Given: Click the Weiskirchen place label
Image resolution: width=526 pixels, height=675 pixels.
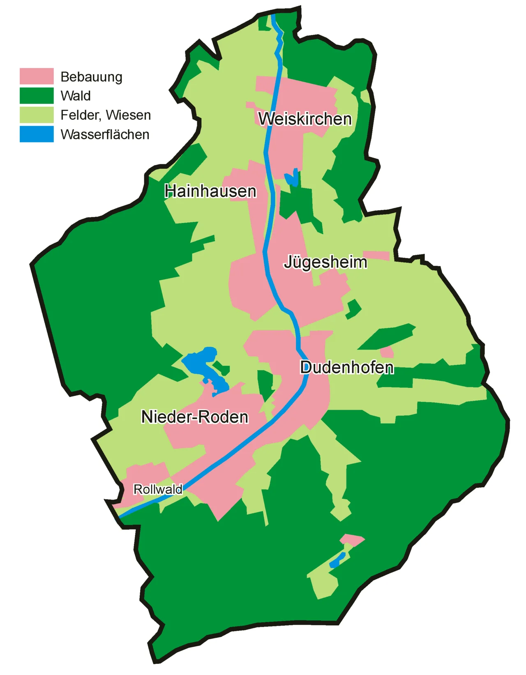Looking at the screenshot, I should click(305, 119).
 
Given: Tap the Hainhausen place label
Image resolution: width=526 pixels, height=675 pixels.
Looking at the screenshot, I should click(210, 191).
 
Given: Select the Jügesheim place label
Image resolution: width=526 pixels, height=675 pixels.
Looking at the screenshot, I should click(325, 262).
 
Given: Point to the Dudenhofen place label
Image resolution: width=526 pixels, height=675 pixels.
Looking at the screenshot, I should click(347, 367).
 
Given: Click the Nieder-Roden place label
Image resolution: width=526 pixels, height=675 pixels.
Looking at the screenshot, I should click(195, 417).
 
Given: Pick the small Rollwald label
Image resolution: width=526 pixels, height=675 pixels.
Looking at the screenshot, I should click(158, 489).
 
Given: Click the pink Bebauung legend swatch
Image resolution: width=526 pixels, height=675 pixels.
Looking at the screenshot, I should click(37, 76).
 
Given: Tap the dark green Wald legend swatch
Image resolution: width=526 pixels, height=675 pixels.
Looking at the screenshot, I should click(37, 96).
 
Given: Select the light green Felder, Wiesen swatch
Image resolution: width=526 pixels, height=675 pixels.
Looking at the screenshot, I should click(37, 115).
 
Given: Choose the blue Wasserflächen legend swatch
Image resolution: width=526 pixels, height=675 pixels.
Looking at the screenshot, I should click(37, 134).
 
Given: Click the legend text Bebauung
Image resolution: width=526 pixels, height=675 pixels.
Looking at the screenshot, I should click(91, 77).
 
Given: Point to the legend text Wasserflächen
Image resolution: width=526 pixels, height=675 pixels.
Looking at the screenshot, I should click(105, 134).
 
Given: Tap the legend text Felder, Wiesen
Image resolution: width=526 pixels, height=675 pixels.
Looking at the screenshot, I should click(106, 115).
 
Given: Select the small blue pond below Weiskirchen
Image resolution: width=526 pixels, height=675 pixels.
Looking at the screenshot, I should click(292, 178).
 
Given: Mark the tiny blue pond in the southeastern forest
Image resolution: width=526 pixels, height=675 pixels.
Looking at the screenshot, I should click(337, 561).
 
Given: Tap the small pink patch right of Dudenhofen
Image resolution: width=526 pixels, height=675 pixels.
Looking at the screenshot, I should click(387, 352).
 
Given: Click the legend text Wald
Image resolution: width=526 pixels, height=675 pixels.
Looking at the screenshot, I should click(75, 96).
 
